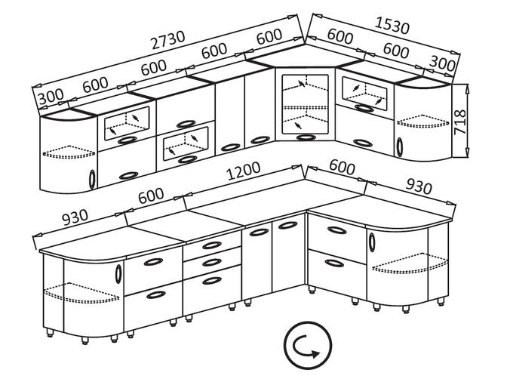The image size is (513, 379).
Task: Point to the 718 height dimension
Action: click(x=461, y=119)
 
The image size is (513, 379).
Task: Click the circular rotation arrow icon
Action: click(x=308, y=348)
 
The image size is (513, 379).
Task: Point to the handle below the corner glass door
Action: click(x=306, y=137)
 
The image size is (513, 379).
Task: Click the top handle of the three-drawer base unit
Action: click(x=210, y=245)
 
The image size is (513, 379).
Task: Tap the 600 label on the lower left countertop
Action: click(x=150, y=195)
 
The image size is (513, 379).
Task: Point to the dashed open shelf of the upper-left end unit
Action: click(x=69, y=154)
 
